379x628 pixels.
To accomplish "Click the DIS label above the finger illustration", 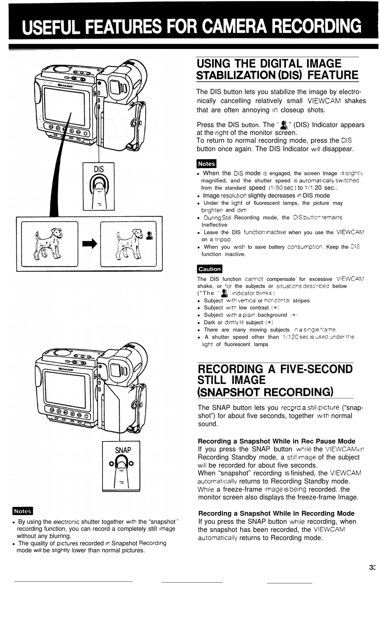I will coord(99,169).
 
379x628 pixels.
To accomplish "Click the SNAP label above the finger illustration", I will coord(123,450).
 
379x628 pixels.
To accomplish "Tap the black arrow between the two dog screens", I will coord(89,244).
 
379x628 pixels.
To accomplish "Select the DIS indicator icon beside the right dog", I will coord(150,236).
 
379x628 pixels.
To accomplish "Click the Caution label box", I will coord(209,269).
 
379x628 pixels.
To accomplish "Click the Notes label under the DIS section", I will coord(206,164).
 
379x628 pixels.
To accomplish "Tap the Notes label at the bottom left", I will coord(23,511).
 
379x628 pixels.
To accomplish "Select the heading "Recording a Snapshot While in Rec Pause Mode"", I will coord(276,441).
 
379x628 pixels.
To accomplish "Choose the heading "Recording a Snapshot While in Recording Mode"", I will coord(276,513).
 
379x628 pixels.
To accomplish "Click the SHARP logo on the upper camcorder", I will coord(65,85).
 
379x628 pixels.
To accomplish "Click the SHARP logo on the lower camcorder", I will coord(66,369).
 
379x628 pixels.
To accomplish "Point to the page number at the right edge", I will coord(373,568).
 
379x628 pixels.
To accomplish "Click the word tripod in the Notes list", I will coord(223,239).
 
